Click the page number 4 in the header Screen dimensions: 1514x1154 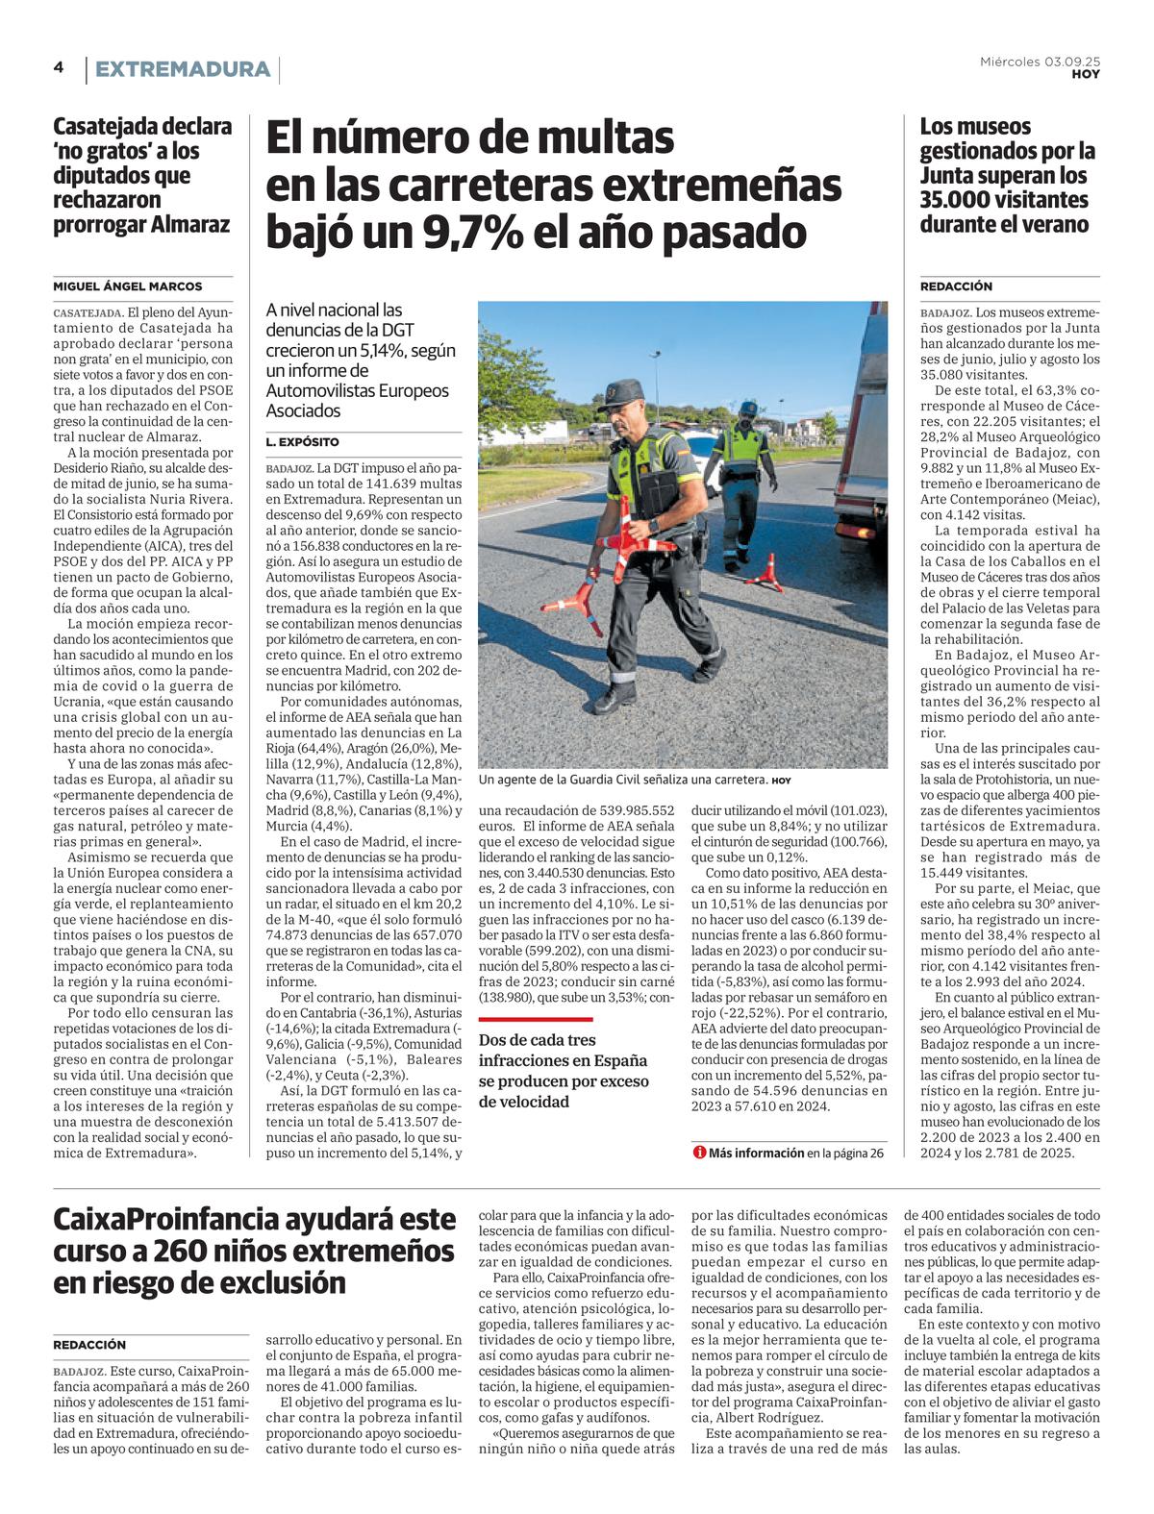point(59,67)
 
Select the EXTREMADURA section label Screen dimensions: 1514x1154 point(183,69)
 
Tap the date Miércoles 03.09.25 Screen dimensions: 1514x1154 point(1040,62)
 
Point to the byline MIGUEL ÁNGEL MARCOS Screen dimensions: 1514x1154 point(128,286)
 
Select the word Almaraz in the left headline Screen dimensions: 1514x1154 point(187,225)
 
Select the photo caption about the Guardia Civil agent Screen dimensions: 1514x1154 point(634,781)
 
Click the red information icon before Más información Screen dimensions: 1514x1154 point(699,1153)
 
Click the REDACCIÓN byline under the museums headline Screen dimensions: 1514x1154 point(956,286)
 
